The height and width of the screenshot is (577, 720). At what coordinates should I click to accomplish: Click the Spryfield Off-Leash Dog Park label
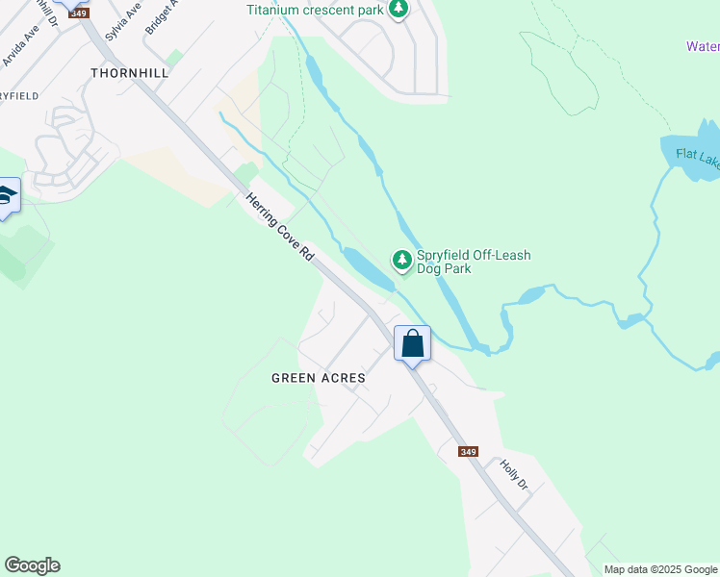(x=473, y=262)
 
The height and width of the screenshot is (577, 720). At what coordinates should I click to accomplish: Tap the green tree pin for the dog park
(x=401, y=260)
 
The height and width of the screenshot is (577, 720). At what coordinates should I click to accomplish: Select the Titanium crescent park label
(x=315, y=11)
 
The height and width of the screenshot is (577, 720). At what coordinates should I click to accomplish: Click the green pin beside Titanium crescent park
(x=398, y=10)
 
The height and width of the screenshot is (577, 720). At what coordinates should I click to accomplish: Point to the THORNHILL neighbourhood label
(x=130, y=73)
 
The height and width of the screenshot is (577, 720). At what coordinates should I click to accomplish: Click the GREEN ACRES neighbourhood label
(x=318, y=378)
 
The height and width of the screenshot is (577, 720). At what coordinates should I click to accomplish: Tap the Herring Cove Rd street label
(x=280, y=226)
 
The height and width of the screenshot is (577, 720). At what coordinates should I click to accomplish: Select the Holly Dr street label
(x=514, y=475)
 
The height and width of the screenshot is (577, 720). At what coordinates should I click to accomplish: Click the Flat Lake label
(x=697, y=156)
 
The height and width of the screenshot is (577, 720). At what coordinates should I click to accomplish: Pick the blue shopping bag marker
(x=412, y=343)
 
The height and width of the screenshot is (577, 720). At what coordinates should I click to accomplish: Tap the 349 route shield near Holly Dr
(x=468, y=452)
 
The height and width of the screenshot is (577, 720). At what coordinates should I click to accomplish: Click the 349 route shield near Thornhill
(x=79, y=13)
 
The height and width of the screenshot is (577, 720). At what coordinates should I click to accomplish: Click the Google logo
(x=32, y=565)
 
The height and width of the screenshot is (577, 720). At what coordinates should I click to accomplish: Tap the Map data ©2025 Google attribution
(x=660, y=569)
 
